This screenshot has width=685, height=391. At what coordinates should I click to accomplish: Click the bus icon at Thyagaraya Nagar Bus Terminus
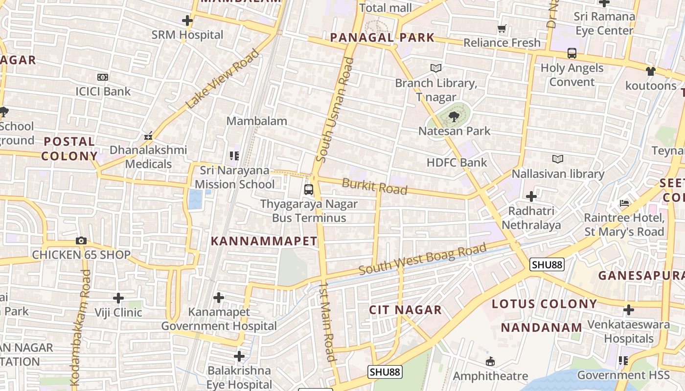309,190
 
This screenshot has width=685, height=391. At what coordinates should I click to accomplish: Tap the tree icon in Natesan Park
454,116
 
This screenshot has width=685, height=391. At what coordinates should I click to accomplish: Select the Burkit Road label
374,186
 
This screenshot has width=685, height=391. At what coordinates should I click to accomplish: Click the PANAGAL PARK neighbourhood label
382,38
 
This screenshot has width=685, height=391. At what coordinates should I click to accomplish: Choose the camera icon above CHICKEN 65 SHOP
81,240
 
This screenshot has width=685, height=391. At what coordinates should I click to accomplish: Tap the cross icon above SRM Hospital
187,21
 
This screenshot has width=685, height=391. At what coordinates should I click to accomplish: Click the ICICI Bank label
103,91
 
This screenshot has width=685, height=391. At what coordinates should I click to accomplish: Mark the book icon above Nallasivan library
557,159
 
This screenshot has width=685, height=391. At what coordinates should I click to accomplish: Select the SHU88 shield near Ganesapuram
547,264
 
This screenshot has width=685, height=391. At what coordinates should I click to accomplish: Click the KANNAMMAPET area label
264,241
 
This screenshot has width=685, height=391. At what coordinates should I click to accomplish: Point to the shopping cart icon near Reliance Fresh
502,29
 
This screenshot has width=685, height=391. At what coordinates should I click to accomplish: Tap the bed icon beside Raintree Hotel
624,203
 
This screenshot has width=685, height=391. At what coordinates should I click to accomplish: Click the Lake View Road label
222,79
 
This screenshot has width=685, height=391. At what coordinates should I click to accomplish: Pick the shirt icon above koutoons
650,71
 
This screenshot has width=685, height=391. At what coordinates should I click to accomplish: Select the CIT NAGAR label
405,310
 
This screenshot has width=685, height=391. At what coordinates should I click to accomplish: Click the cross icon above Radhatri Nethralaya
531,196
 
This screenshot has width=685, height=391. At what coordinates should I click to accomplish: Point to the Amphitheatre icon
490,362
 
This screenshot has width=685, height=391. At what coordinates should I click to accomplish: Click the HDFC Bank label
457,163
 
